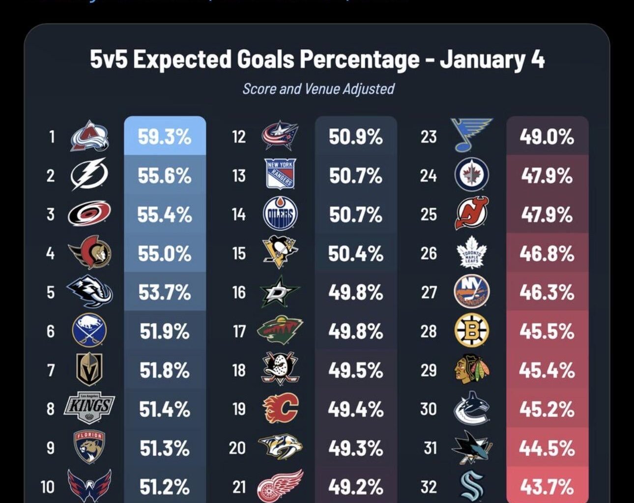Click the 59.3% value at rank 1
164,137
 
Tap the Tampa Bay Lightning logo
89,174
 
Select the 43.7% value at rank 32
547,487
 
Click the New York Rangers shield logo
280,174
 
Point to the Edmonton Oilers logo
280,214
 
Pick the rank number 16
239,292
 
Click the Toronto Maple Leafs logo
471,252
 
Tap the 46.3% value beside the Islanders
547,292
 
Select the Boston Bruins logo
471,331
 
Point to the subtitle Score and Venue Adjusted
318,89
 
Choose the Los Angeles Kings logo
89,408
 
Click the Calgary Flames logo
281,408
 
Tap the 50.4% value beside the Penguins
355,253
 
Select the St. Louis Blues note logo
471,135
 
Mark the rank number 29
429,370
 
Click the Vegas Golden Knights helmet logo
89,369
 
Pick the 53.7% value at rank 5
164,292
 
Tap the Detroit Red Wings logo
280,486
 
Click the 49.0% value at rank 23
547,137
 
